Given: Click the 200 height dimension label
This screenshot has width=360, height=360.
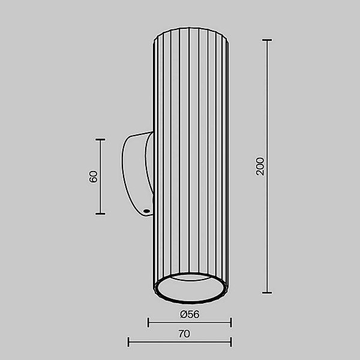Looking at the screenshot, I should (260, 166).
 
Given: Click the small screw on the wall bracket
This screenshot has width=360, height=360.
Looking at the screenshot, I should (146, 211).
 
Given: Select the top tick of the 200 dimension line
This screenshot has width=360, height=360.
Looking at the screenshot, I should (267, 40).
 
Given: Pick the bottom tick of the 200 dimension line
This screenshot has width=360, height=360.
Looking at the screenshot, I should (267, 293).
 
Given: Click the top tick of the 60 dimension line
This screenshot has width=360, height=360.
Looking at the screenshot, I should (101, 140).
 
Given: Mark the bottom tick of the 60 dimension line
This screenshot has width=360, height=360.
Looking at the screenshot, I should (101, 214).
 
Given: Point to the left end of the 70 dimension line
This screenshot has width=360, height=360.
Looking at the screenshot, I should (129, 343).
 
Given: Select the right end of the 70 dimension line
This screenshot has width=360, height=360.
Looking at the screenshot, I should (231, 343).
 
